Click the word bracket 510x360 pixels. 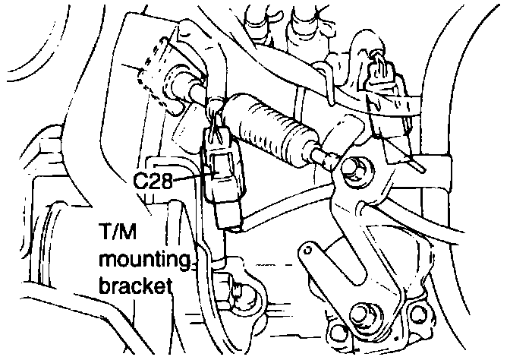pos(135,287)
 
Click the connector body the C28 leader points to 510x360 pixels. pos(224,178)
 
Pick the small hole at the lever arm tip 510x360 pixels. pos(308,248)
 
